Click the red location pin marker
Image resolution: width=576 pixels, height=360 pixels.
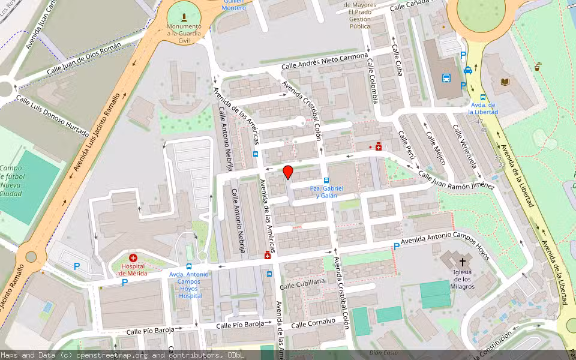click(288, 172)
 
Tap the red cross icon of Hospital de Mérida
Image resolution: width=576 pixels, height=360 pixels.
click(133, 257)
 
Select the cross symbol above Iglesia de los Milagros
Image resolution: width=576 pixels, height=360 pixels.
click(463, 262)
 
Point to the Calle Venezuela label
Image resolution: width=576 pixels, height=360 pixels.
click(464, 147)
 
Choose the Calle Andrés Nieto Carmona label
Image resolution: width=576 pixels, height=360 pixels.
click(325, 61)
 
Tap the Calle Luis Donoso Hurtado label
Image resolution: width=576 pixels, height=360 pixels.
click(53, 116)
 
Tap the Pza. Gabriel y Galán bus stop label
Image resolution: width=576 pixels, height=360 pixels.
click(323, 192)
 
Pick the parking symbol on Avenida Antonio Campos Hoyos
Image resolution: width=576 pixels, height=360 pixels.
click(396, 246)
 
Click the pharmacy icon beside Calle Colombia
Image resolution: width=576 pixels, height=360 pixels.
click(378, 146)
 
